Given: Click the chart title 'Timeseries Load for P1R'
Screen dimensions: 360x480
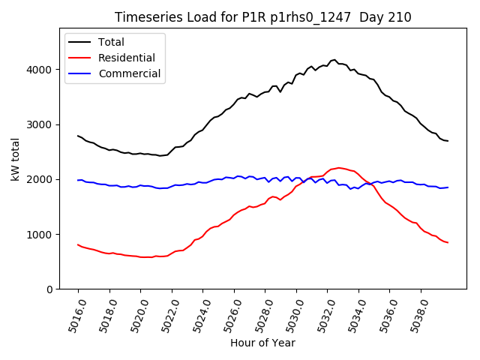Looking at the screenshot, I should coord(262,17).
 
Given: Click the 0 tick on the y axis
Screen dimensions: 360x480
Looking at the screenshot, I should coord(49,289).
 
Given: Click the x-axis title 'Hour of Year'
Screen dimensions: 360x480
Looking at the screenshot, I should coord(262,343).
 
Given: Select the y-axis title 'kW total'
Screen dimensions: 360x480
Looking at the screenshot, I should coord(15,160).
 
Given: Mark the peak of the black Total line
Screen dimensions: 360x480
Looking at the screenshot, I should coord(334,59).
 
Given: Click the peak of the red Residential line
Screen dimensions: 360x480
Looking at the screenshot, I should coord(339,168).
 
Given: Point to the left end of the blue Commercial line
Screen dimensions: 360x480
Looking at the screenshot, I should coord(78,180).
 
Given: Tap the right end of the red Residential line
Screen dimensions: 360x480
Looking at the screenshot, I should coord(448,242).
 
